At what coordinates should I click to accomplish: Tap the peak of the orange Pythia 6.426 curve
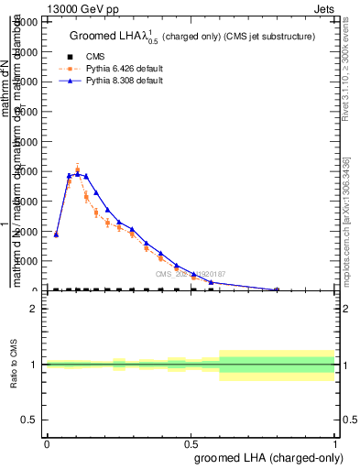coord(78,169)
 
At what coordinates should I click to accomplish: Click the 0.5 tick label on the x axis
coord(191,443)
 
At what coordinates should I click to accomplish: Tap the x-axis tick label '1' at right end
coord(334,443)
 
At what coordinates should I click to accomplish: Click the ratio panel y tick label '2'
coord(33,309)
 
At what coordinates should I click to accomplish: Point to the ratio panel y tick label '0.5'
coord(29,420)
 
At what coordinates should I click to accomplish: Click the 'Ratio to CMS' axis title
coord(14,364)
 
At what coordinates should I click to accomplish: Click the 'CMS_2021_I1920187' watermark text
coord(190,274)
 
